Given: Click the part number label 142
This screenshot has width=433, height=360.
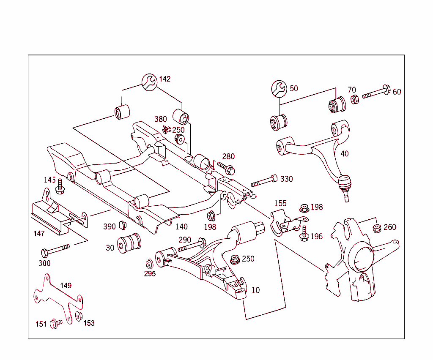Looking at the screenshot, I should coord(165,79).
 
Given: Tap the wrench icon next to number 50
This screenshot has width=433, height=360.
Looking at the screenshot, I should coord(279,88).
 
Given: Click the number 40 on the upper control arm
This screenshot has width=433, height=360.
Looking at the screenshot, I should coord(345,154).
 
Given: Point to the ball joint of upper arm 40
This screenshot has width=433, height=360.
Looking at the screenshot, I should coord(345,185).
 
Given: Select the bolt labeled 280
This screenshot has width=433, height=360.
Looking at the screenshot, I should coord(226,168).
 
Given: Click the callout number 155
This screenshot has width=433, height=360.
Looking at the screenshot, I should coord(280,203).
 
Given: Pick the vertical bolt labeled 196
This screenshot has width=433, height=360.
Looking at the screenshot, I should coord(304,234).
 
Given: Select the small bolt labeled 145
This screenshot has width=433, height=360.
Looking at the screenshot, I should coord(60,188).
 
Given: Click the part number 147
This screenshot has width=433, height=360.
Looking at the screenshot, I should coord(39,233).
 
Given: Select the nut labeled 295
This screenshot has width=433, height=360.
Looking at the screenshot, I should coord(149,264).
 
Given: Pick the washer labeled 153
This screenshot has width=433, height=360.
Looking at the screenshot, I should coord(78,316).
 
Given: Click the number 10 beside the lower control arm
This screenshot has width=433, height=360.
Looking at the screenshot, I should coord(255,290).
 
